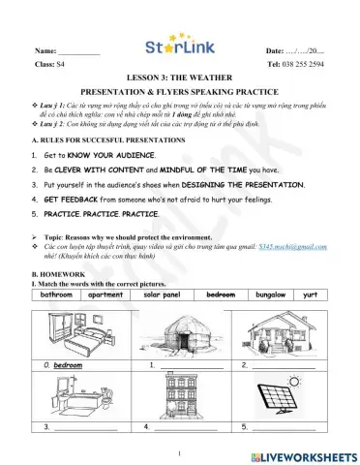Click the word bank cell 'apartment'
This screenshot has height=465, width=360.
[106, 294]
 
